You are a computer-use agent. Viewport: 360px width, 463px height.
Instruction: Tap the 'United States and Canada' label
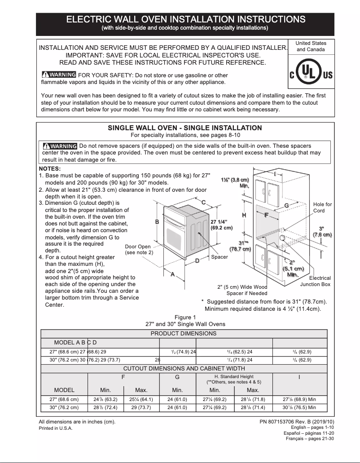point(311,46)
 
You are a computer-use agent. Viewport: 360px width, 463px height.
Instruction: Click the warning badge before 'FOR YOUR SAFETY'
point(58,75)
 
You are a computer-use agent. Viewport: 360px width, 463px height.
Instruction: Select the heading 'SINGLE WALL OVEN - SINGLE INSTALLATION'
point(184,128)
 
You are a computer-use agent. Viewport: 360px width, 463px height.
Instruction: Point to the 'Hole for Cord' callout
point(322,207)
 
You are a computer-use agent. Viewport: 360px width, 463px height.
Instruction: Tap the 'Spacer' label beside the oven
point(220,257)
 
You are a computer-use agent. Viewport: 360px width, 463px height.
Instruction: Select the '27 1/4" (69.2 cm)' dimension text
point(221,225)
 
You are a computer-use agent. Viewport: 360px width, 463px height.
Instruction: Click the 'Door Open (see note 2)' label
point(138,250)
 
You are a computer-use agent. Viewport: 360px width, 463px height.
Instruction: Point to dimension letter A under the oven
point(172,274)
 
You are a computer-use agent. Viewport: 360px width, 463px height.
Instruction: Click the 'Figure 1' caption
point(185,317)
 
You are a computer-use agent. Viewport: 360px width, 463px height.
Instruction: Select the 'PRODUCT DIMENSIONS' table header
point(183,334)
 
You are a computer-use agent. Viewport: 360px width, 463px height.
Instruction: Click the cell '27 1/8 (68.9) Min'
point(299,399)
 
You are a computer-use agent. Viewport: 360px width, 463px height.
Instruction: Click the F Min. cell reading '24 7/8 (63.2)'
point(105,399)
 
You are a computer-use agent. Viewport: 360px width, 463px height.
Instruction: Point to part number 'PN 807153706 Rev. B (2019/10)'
point(297,422)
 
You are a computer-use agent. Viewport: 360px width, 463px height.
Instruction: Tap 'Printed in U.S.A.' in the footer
point(56,428)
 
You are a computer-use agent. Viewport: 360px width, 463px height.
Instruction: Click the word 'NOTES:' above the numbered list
point(50,168)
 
